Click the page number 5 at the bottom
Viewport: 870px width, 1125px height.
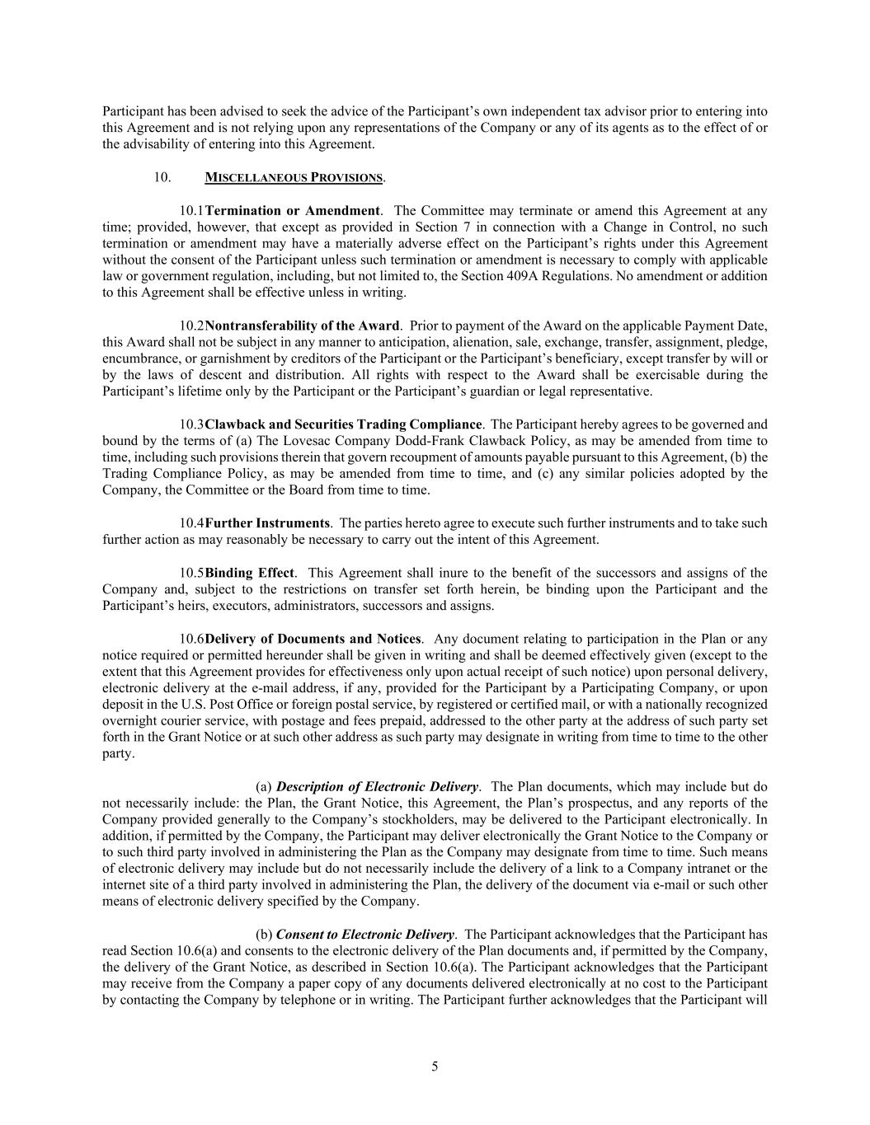(x=435, y=1066)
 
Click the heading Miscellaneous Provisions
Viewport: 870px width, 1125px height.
(x=294, y=177)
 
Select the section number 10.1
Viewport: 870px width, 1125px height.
(x=191, y=210)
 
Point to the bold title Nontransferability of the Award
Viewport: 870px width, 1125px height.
(x=302, y=326)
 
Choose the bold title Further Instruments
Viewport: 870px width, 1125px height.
(x=267, y=523)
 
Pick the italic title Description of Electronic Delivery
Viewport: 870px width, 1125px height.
(x=377, y=787)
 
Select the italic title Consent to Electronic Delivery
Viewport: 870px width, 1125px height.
(x=364, y=935)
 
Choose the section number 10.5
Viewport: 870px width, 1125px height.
(x=191, y=573)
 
